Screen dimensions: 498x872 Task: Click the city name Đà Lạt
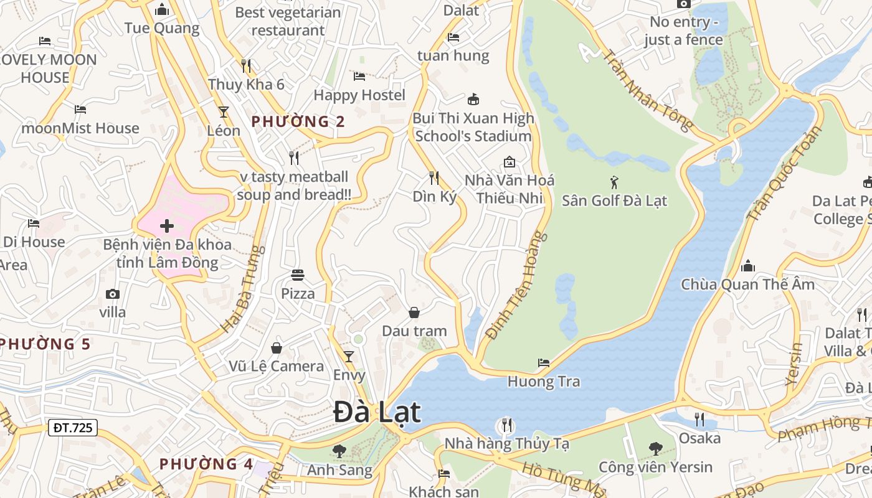point(377,412)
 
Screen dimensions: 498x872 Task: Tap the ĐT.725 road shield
point(73,428)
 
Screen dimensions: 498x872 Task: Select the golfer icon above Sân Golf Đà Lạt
point(615,182)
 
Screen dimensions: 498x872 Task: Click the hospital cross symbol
point(166,226)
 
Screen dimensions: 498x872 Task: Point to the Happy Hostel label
point(359,95)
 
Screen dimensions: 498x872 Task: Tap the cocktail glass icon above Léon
point(224,112)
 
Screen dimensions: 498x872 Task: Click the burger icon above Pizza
point(298,275)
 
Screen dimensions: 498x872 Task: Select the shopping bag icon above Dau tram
point(414,312)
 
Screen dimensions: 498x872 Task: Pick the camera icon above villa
point(113,294)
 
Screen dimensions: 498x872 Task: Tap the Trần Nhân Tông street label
point(647,90)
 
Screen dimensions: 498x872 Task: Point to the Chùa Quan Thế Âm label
point(747,284)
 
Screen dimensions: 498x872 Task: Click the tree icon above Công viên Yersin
point(655,448)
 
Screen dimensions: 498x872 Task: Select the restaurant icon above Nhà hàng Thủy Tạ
point(506,426)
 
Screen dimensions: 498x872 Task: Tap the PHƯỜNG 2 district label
point(298,121)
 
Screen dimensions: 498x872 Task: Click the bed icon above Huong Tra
point(544,363)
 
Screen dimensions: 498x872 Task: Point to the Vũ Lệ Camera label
point(277,366)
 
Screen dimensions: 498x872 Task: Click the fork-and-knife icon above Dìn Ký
point(434,178)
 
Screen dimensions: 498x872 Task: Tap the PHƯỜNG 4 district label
point(206,464)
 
